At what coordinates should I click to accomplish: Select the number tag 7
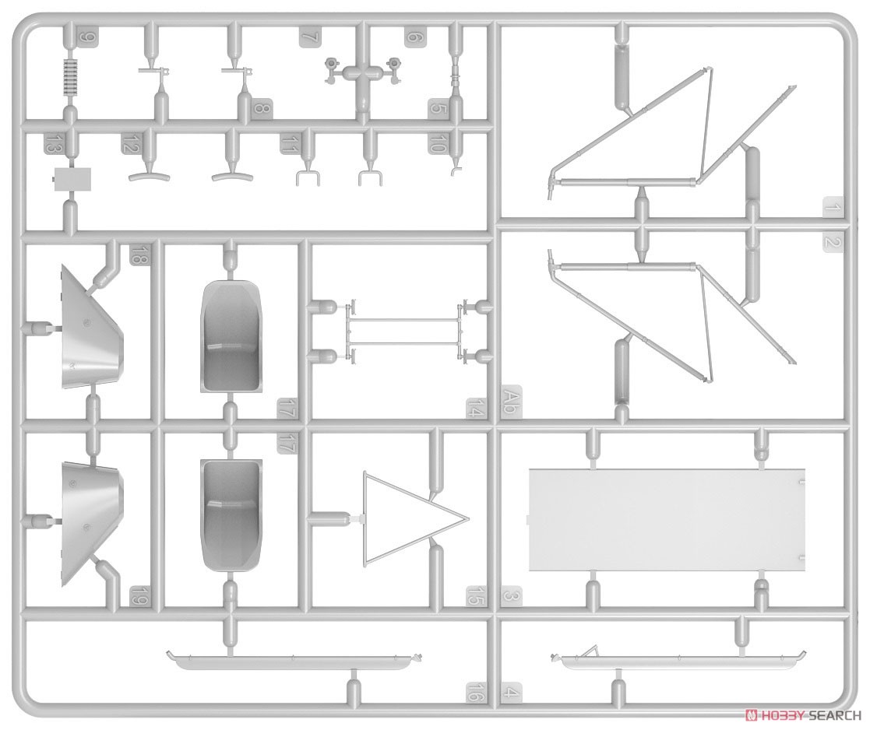(x=310, y=37)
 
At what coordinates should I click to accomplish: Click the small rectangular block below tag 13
(x=72, y=179)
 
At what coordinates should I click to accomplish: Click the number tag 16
(x=476, y=692)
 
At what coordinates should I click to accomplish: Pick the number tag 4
(x=512, y=692)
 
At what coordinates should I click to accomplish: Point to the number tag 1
(x=833, y=208)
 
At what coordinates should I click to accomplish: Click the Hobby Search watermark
(x=803, y=715)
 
